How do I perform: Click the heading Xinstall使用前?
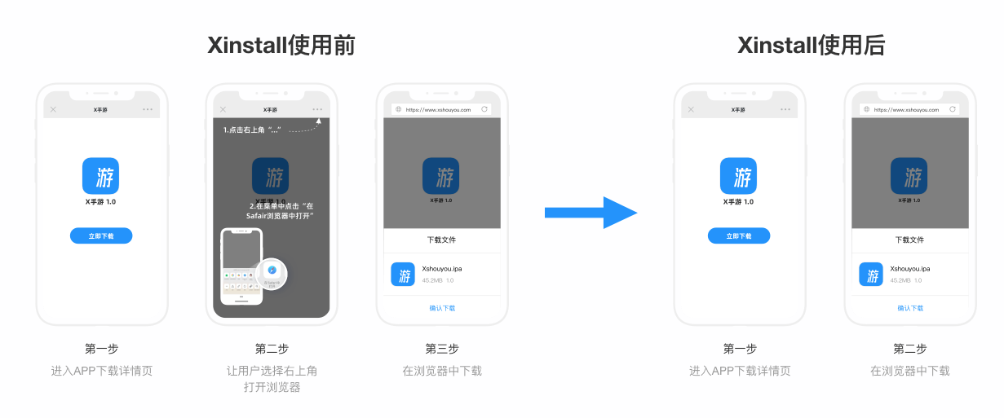click(281, 46)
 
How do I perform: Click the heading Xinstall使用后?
click(811, 46)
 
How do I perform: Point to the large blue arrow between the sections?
click(590, 213)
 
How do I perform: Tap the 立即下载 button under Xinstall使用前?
click(101, 235)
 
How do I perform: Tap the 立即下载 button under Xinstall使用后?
click(738, 235)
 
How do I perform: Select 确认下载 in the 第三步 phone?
click(442, 308)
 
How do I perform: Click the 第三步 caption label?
click(442, 349)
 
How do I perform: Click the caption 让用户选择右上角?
click(272, 371)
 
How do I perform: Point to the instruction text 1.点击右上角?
click(252, 130)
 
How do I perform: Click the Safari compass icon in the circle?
click(272, 271)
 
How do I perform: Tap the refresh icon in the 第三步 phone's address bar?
click(484, 108)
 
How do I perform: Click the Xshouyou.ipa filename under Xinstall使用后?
click(909, 268)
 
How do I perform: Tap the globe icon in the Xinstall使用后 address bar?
click(866, 109)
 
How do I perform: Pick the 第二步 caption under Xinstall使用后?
click(909, 349)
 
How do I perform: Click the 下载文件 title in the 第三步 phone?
click(442, 240)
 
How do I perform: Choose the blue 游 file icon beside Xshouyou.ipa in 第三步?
click(403, 275)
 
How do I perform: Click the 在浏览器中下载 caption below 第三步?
click(442, 371)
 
